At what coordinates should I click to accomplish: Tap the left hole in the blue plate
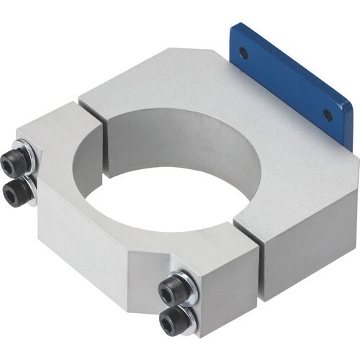coord(243,52)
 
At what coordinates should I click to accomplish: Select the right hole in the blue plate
coord(328,115)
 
